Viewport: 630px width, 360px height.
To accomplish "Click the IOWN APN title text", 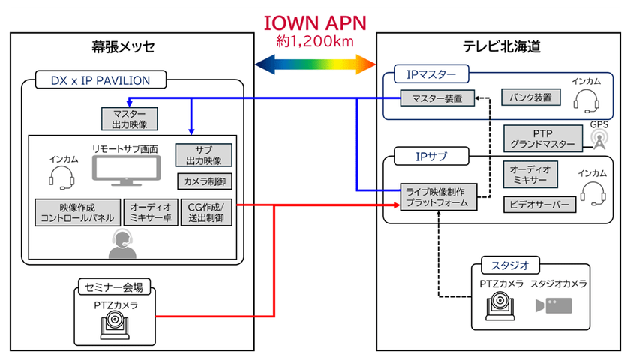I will [315, 20].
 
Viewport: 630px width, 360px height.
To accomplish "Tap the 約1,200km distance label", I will [315, 40].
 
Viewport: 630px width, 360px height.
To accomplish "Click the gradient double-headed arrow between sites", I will [315, 61].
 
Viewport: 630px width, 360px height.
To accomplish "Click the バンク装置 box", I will [530, 97].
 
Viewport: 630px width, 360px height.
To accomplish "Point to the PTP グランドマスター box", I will [542, 138].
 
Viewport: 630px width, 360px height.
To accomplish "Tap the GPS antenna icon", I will [598, 138].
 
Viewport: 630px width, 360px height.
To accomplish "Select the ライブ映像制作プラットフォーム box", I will [436, 197].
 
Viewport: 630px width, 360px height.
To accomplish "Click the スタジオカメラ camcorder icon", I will [553, 305].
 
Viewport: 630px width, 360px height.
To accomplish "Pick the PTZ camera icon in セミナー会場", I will [115, 324].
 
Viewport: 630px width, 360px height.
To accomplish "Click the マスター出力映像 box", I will [130, 118].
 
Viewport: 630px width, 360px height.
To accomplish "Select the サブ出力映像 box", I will [203, 155].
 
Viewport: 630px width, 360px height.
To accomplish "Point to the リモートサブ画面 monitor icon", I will [125, 170].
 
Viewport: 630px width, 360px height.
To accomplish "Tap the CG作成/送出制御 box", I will [208, 213].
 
